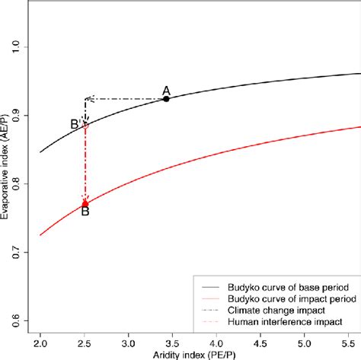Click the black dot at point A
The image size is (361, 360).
tap(166, 99)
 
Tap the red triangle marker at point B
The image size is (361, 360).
tap(85, 202)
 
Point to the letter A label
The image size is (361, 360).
tap(166, 90)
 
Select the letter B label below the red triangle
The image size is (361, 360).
tap(85, 212)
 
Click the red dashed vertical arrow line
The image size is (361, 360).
tap(85, 164)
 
